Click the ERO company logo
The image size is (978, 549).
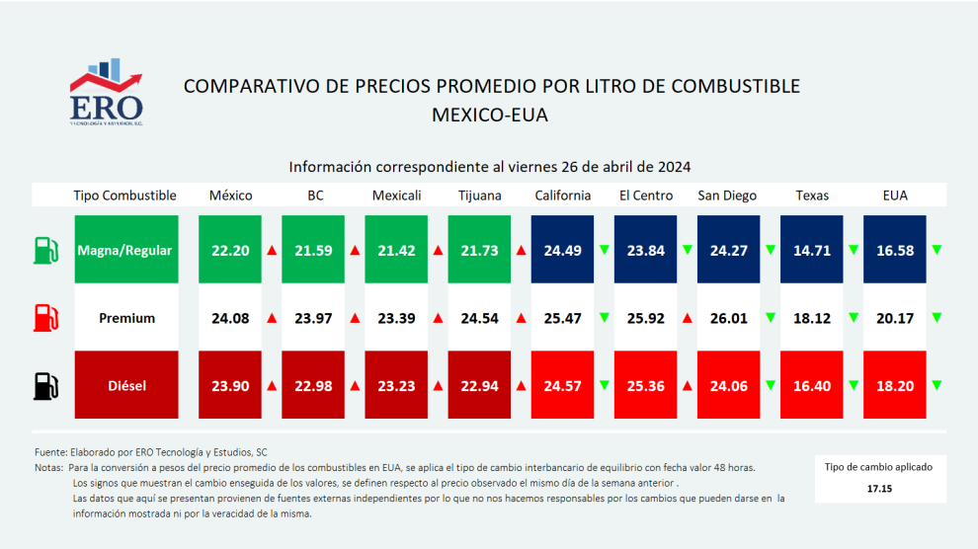(106, 92)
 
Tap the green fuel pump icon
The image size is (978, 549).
(45, 250)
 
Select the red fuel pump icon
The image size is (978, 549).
(45, 318)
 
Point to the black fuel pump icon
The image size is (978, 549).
(45, 386)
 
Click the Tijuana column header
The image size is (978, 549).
(480, 196)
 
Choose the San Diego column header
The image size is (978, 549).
(727, 196)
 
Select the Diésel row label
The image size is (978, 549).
(126, 385)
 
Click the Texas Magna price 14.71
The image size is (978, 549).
(811, 250)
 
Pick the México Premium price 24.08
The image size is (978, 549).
(230, 318)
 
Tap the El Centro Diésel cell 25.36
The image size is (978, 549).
(645, 385)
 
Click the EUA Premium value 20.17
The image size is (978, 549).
(895, 318)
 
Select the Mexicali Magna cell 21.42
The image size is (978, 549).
(396, 250)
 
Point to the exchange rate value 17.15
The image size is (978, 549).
(879, 489)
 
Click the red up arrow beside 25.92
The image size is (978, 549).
(688, 318)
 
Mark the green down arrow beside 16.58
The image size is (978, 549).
(937, 250)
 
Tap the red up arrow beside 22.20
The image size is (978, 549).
(272, 250)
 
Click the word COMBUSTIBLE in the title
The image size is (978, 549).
(736, 86)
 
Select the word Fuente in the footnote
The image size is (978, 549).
(50, 452)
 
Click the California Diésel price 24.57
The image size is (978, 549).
(562, 385)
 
